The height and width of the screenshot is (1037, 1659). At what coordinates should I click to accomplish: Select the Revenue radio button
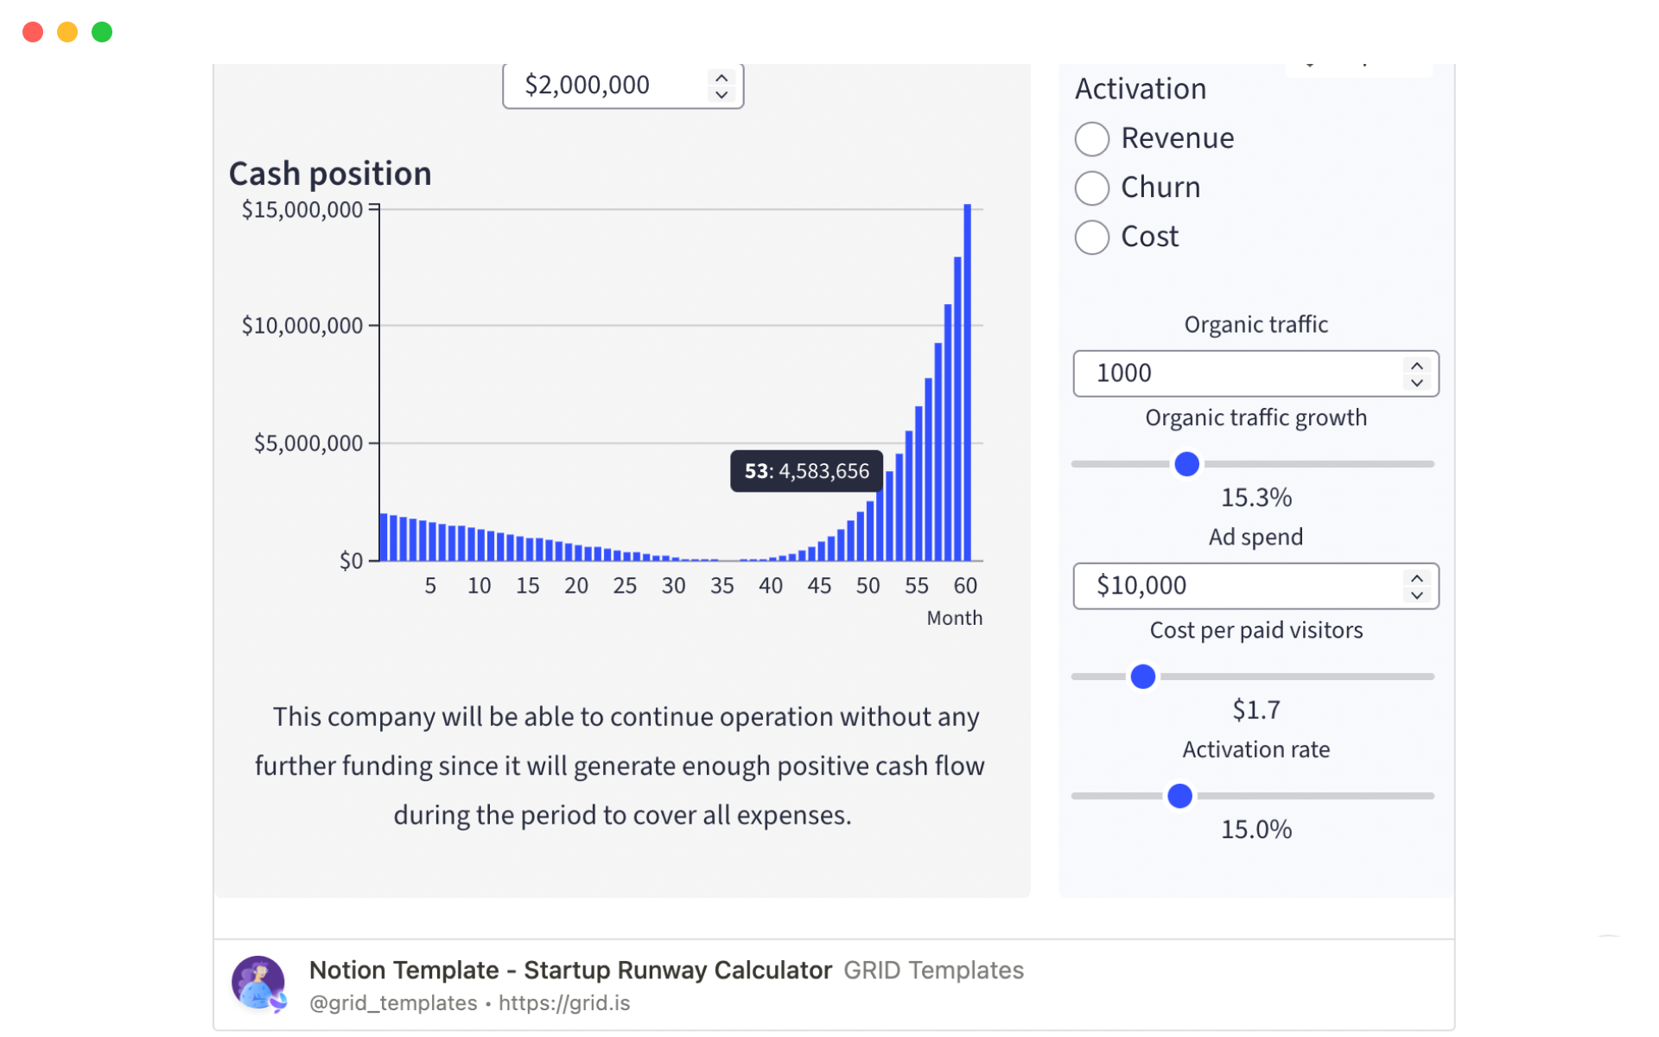1092,139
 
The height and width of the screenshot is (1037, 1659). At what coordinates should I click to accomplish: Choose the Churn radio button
1092,188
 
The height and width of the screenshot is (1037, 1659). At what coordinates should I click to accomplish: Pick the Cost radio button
1092,238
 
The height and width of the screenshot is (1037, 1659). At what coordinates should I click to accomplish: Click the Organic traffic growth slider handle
1187,464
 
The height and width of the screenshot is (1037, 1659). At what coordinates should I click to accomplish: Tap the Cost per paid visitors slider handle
1143,677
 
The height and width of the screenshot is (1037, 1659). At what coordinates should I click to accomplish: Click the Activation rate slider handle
1179,796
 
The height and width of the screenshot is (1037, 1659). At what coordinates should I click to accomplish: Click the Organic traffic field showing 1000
1236,373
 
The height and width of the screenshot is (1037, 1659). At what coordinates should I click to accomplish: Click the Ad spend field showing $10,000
1236,586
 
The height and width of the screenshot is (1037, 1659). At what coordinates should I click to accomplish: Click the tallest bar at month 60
968,380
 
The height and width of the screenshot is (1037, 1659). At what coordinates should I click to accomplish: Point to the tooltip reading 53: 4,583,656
806,471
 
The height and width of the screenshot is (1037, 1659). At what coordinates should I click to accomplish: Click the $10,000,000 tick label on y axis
302,326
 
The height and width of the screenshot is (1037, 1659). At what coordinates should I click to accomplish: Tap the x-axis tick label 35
722,586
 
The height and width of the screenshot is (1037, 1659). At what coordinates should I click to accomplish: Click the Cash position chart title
330,174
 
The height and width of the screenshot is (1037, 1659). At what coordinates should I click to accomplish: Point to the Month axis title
954,618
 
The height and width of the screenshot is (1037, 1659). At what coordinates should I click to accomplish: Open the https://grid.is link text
564,1002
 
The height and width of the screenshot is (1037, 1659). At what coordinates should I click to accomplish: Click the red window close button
33,32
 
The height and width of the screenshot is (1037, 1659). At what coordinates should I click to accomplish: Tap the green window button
102,32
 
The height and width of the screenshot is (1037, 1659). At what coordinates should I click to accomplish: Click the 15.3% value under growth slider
1255,498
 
